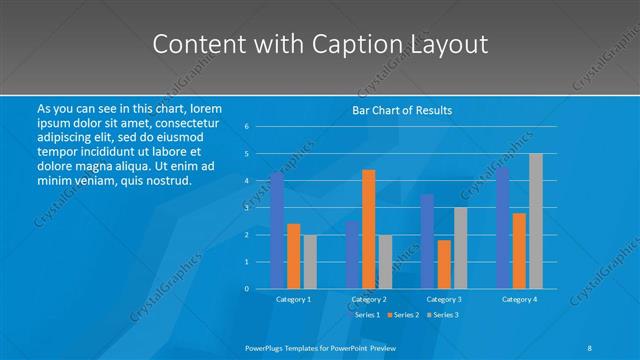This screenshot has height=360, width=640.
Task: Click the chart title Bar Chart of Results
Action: (x=402, y=110)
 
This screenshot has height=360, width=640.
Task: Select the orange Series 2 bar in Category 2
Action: (x=368, y=229)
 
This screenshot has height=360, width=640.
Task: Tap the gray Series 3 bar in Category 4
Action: (x=536, y=221)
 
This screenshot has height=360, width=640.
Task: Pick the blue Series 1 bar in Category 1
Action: (x=277, y=230)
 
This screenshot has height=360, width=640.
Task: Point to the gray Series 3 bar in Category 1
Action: (x=310, y=261)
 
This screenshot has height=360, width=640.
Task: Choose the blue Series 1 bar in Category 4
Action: (x=502, y=228)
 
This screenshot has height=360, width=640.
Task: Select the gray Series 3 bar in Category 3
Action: (x=460, y=248)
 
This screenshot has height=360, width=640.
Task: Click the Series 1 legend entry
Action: (x=364, y=314)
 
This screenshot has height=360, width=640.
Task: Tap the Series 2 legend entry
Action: (x=403, y=314)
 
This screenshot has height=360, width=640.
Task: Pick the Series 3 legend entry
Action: (x=443, y=314)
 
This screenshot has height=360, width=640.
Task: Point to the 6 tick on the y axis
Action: (x=247, y=127)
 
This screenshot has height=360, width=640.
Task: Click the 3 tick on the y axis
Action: (x=247, y=208)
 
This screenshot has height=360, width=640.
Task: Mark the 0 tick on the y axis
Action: (x=247, y=289)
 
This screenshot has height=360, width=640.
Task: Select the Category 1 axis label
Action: (x=293, y=299)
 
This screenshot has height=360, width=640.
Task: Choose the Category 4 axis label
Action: (x=519, y=299)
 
